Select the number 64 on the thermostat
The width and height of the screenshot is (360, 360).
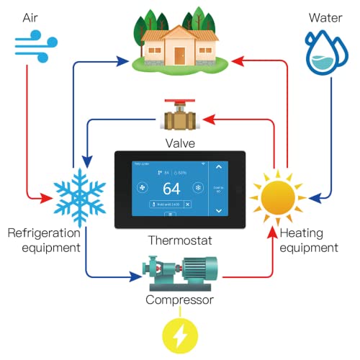coord(171,189)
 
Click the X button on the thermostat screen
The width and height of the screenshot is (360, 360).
coord(188,204)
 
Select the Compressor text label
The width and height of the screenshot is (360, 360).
coord(179,300)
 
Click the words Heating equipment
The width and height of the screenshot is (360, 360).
coord(308,240)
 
